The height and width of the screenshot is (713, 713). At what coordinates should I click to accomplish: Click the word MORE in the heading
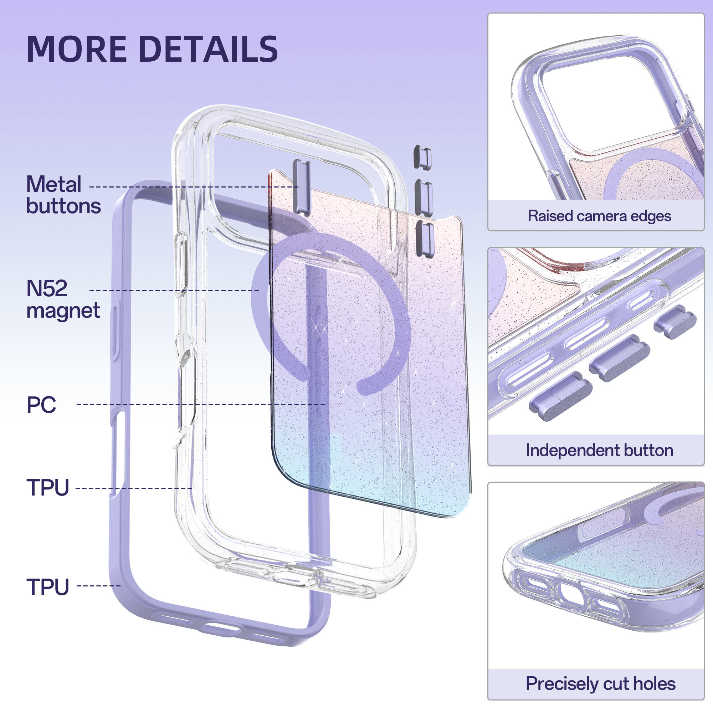tap(77, 49)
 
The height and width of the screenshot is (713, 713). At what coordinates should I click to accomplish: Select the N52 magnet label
tap(63, 299)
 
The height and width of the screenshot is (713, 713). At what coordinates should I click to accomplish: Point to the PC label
tap(41, 405)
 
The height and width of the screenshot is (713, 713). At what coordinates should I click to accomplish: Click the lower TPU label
tap(48, 586)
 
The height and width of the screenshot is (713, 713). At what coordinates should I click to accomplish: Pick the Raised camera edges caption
tap(599, 216)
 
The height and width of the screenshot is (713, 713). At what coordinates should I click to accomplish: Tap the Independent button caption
tap(599, 450)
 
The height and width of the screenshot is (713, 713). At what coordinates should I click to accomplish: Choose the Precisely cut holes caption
tap(600, 683)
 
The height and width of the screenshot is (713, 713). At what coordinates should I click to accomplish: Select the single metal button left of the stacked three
tap(301, 187)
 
